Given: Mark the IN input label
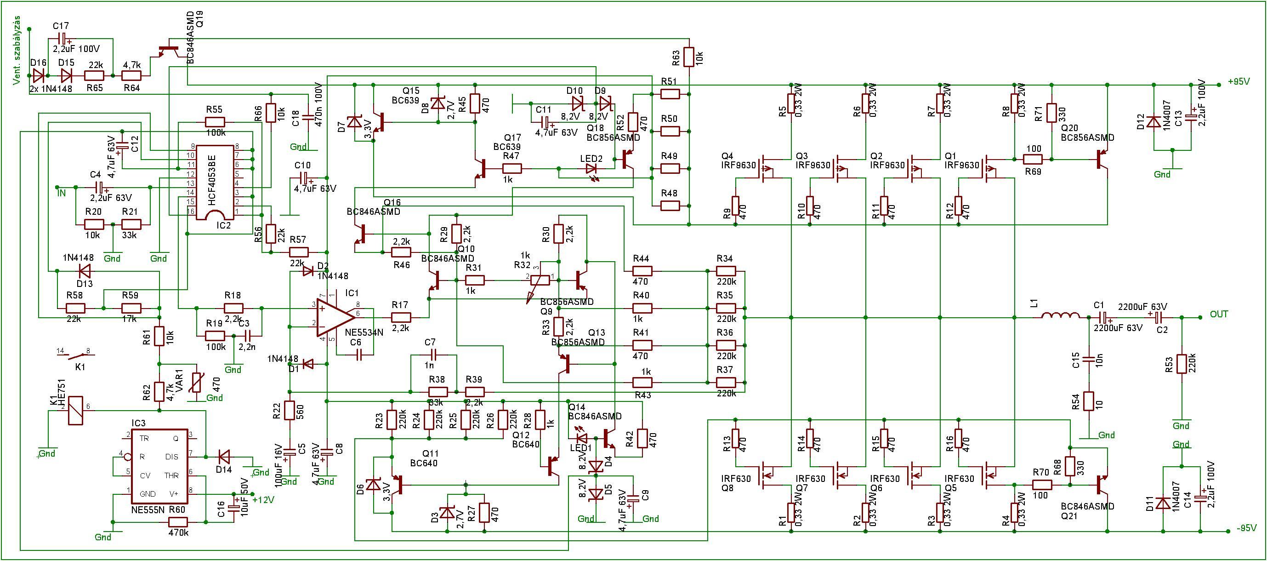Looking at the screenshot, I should [62, 194].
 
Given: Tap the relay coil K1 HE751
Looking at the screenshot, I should [75, 410].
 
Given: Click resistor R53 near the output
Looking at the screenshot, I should [1181, 364].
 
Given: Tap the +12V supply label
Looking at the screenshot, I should [263, 499].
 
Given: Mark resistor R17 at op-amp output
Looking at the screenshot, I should [401, 318].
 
